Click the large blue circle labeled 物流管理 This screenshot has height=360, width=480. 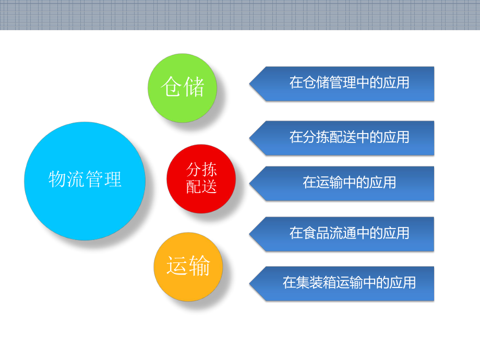[x=85, y=181]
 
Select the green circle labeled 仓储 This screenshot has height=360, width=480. [x=182, y=88]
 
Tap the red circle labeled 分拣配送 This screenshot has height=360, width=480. [x=201, y=178]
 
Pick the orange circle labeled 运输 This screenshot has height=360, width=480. [x=188, y=267]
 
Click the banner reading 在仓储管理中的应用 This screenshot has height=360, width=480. [x=349, y=83]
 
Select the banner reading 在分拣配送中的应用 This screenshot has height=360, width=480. [x=349, y=137]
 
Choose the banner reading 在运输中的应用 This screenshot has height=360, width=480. [x=349, y=183]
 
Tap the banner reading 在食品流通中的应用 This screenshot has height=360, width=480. [x=349, y=233]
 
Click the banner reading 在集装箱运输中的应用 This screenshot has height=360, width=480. [x=349, y=283]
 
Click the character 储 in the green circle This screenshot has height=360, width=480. [x=194, y=87]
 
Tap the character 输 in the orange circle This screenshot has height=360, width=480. [x=199, y=267]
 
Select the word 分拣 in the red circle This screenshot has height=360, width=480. [x=201, y=170]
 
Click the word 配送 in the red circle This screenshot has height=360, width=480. [x=201, y=187]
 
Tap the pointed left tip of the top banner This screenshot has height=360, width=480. [x=251, y=83]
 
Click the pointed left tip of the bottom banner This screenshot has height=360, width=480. [x=251, y=283]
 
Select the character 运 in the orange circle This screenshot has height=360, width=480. [x=177, y=267]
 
